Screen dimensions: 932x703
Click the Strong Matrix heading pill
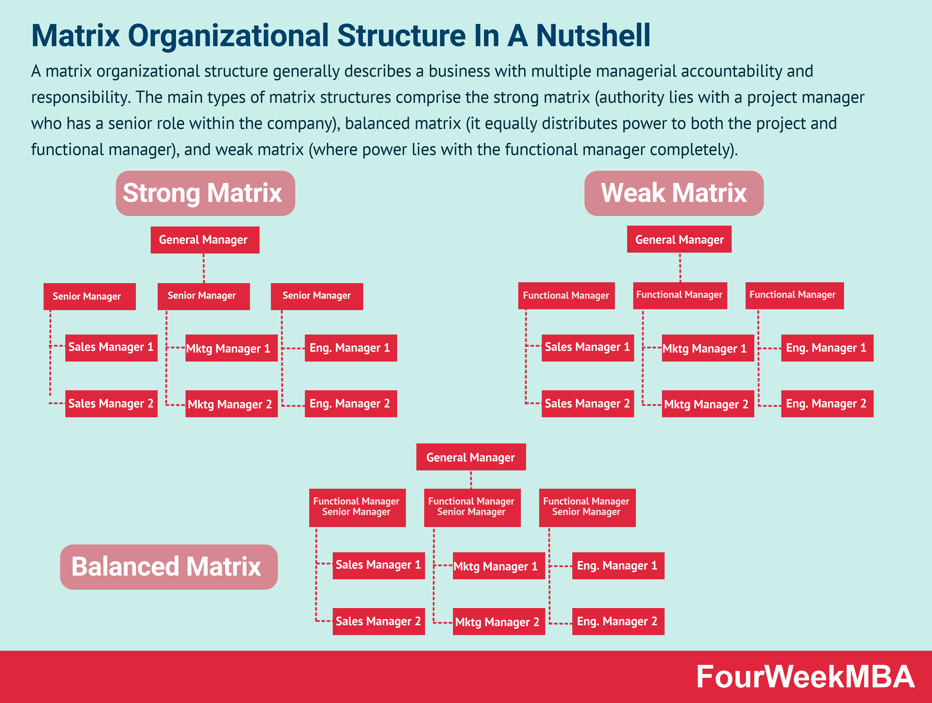pyautogui.click(x=205, y=193)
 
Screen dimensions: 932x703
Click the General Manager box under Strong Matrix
pyautogui.click(x=205, y=240)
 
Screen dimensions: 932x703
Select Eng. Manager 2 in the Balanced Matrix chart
pyautogui.click(x=618, y=621)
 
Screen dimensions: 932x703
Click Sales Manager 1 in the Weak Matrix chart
pyautogui.click(x=587, y=347)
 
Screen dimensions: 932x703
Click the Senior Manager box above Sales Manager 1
pyautogui.click(x=89, y=296)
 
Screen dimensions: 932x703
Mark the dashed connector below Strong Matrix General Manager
pyautogui.click(x=204, y=268)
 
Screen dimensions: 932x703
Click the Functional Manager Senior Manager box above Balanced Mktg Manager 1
pyautogui.click(x=472, y=507)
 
